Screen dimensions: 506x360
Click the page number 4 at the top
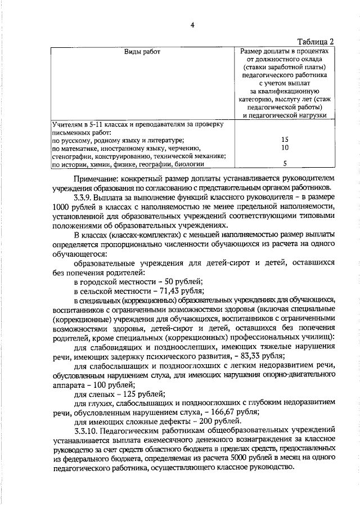click(192, 25)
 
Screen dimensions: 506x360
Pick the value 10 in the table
click(285, 147)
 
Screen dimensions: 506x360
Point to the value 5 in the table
click(285, 164)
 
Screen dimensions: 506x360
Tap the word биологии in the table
click(188, 164)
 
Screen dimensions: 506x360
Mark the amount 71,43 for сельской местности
click(167, 292)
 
